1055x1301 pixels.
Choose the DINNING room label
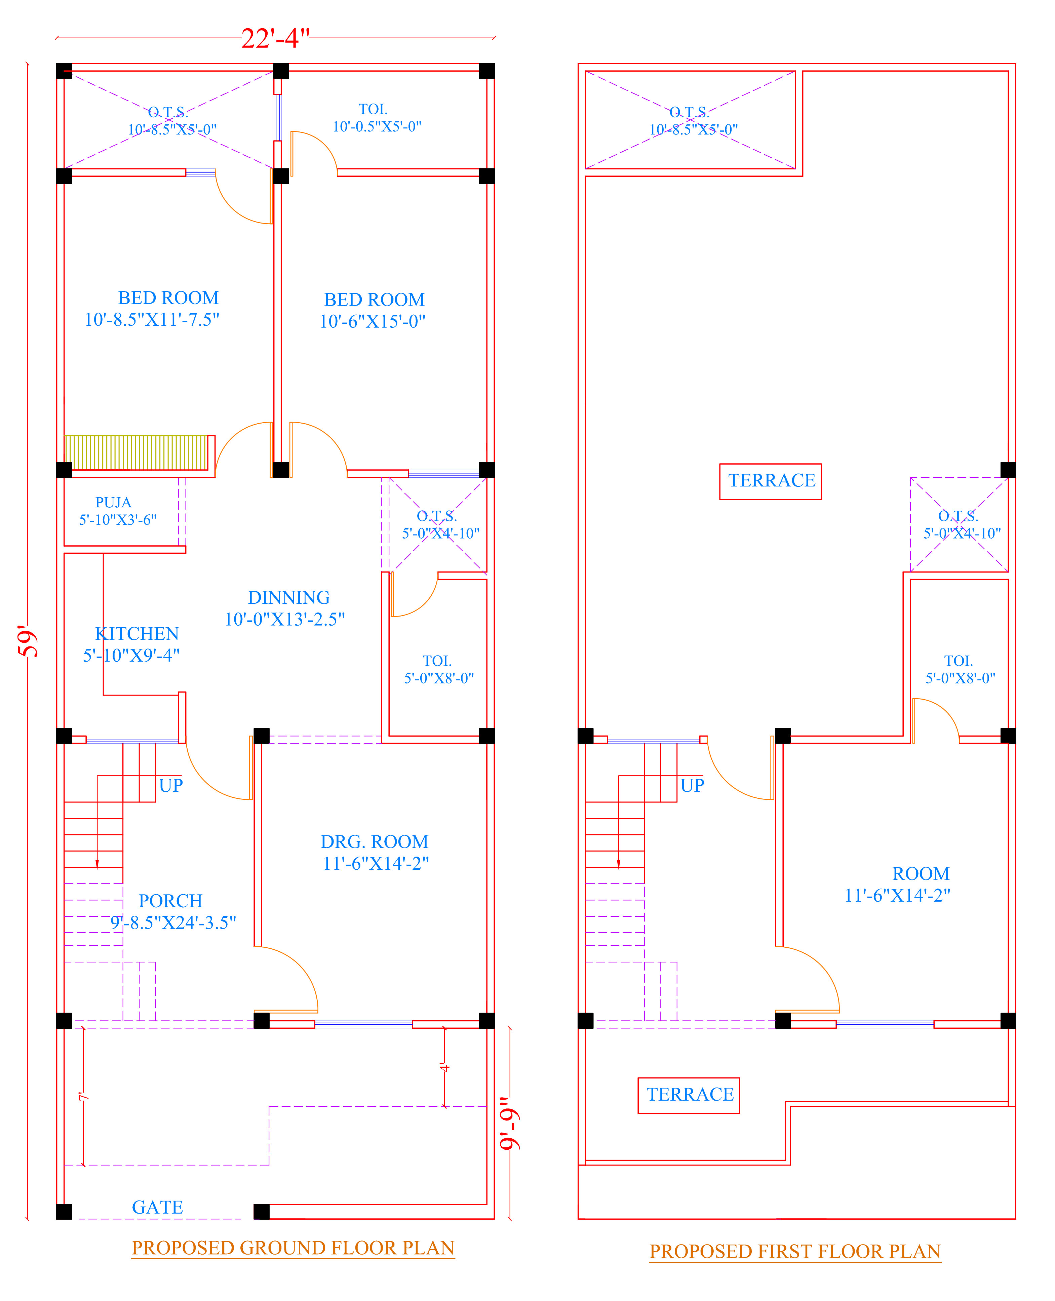tap(289, 597)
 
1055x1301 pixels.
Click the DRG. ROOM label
tap(374, 841)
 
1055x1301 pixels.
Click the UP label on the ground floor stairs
tap(171, 785)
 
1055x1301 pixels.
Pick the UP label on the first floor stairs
tap(692, 785)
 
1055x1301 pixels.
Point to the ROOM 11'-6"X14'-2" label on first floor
tap(898, 884)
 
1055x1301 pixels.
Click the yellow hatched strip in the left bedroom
tap(136, 452)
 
